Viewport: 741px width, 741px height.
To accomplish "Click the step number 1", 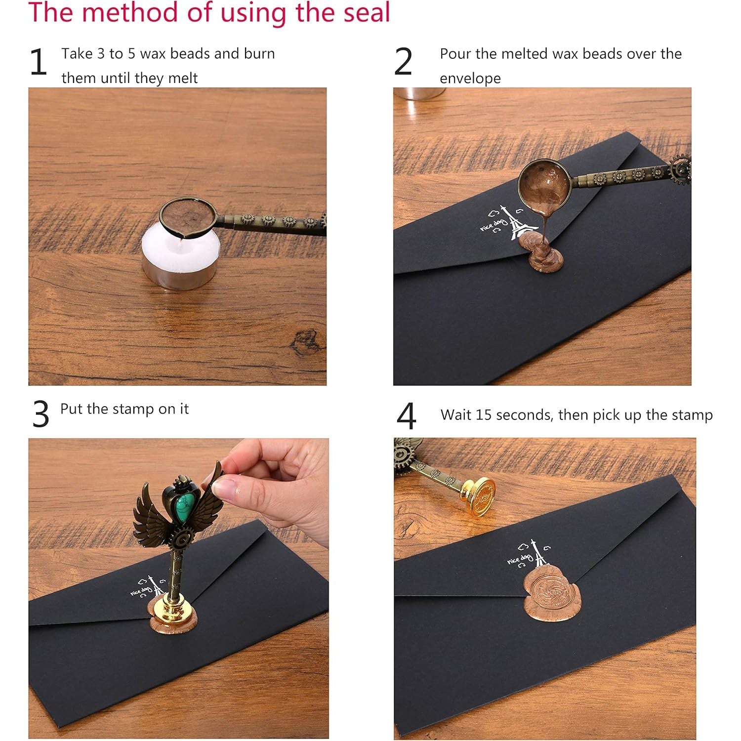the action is coord(38,62).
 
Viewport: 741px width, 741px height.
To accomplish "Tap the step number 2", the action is coord(403,62).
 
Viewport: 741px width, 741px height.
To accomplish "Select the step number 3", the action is coord(41,414).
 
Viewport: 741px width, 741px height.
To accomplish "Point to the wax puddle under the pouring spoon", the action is coord(540,252).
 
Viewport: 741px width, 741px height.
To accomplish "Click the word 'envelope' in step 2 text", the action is coord(470,79).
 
